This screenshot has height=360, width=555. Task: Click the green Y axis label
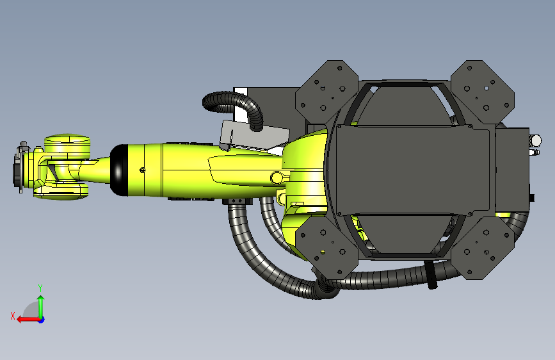pyautogui.click(x=40, y=288)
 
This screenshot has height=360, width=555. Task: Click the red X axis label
pyautogui.click(x=13, y=316)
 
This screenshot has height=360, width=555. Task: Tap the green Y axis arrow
pyautogui.click(x=41, y=306)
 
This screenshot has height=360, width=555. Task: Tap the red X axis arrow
pyautogui.click(x=28, y=320)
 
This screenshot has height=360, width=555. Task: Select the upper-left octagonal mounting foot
pyautogui.click(x=326, y=92)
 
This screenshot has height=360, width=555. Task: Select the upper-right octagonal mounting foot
pyautogui.click(x=483, y=92)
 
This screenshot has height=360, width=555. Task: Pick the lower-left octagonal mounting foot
pyautogui.click(x=326, y=247)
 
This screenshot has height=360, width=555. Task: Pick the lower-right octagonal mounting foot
pyautogui.click(x=483, y=247)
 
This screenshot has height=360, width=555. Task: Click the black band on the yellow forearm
pyautogui.click(x=118, y=170)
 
